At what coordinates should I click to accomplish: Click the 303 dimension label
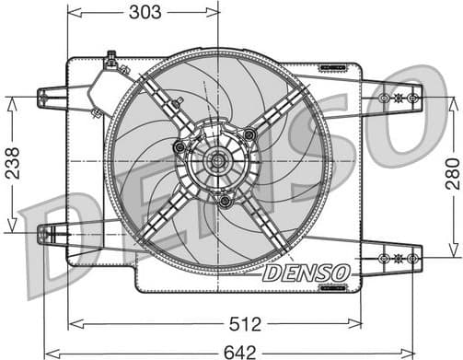(145, 11)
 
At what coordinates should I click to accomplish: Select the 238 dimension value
(11, 165)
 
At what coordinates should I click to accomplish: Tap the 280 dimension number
(451, 172)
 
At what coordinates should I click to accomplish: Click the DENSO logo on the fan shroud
(306, 273)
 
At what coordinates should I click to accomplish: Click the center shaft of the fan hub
(218, 163)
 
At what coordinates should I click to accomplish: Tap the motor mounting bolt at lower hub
(225, 200)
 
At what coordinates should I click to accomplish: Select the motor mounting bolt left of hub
(179, 147)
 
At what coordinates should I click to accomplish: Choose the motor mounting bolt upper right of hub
(249, 135)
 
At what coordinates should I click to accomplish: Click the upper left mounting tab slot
(43, 96)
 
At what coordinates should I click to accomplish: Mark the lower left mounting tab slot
(43, 234)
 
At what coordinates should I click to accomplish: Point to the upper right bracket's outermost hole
(414, 97)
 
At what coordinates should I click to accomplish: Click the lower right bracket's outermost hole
(413, 261)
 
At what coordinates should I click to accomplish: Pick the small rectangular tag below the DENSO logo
(330, 287)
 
